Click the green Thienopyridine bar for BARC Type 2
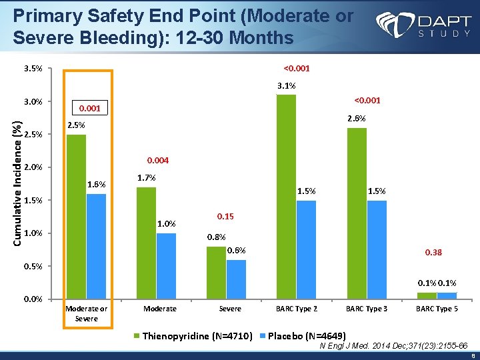coord(287,197)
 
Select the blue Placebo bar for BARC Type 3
coord(377,249)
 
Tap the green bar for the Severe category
coord(217,273)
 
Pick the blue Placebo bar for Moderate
coord(167,265)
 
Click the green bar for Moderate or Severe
coord(77,217)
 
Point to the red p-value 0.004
coord(158,161)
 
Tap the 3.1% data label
coord(287,85)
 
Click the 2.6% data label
coord(357,119)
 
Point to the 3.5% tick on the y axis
coord(33,69)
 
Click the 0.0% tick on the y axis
coord(33,299)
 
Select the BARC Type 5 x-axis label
coord(437,309)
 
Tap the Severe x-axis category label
coord(230,309)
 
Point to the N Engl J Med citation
coord(393,345)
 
